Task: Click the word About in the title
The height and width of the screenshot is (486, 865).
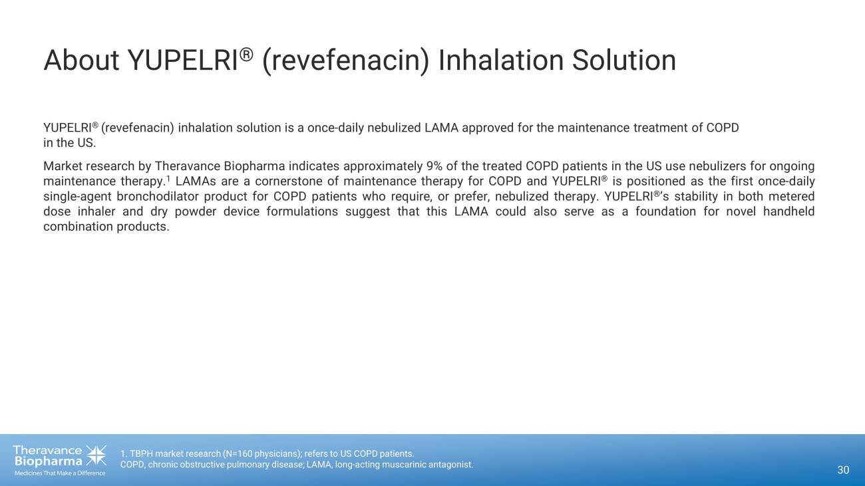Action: tap(81, 61)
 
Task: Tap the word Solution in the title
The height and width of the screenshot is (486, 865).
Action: tap(623, 61)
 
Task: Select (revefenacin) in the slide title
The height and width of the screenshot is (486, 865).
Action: tap(345, 61)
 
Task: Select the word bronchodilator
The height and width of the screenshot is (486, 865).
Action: tap(158, 196)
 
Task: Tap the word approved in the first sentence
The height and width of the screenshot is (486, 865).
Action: tap(488, 128)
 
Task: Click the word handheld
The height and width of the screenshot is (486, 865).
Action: tap(789, 211)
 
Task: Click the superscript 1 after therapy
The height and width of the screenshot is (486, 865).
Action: tap(168, 179)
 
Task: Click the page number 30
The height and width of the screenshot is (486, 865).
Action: tap(843, 470)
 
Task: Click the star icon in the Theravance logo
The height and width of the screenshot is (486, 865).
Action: tap(96, 455)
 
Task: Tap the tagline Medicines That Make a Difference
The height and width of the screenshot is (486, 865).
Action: tap(60, 473)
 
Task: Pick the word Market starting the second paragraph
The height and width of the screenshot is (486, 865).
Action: tap(63, 166)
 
